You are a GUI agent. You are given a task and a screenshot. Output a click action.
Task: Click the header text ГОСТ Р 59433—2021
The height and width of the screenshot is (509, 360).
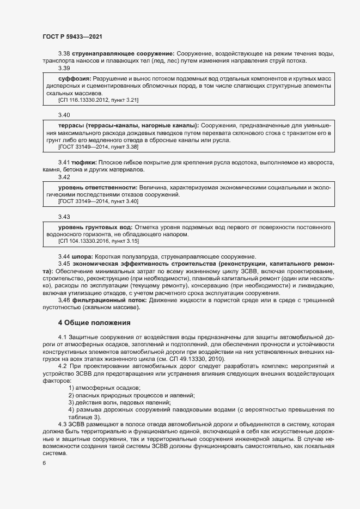(x=72, y=36)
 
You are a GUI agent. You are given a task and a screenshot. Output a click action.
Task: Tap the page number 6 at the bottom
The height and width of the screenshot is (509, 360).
(x=44, y=464)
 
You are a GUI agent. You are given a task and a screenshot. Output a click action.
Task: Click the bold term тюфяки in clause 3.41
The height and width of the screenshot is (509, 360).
(x=85, y=162)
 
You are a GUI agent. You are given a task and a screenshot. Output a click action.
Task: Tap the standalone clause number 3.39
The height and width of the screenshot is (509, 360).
(x=64, y=68)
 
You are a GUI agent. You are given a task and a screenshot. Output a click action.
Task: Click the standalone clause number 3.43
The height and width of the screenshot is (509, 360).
(x=64, y=216)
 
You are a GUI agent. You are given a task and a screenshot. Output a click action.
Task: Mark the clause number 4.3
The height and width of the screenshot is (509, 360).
(x=63, y=424)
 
